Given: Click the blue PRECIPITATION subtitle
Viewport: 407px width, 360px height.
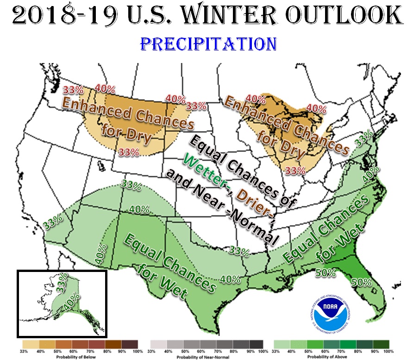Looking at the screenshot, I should tap(208, 44).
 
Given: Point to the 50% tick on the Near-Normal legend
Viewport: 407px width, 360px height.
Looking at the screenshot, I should tap(185, 352).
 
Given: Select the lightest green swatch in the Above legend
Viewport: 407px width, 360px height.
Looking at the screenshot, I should tap(282, 345).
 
